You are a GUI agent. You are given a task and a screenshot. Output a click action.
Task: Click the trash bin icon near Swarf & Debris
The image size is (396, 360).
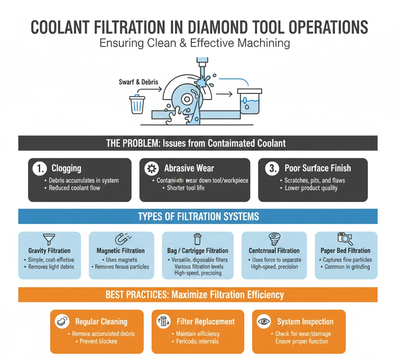(137, 105)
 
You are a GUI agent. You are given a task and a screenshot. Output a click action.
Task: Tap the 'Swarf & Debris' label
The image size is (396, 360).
(138, 82)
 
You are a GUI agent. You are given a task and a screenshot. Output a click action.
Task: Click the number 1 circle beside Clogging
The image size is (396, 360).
(39, 169)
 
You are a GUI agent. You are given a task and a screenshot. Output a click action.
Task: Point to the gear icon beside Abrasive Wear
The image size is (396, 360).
(151, 169)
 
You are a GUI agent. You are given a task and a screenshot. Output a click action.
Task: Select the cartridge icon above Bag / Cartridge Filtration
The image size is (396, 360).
(198, 239)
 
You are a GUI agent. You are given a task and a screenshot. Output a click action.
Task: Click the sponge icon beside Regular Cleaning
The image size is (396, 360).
(62, 321)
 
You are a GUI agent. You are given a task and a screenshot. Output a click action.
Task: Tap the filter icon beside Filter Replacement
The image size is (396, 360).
(163, 322)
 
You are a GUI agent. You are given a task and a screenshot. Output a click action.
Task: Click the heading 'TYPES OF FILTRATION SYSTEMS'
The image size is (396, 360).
(198, 216)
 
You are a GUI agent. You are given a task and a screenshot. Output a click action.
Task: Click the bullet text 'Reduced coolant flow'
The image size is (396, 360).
(74, 188)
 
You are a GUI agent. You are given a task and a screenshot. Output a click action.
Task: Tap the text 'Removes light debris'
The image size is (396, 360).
(51, 267)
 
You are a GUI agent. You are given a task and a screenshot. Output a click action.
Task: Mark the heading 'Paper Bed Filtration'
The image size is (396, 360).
(345, 251)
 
